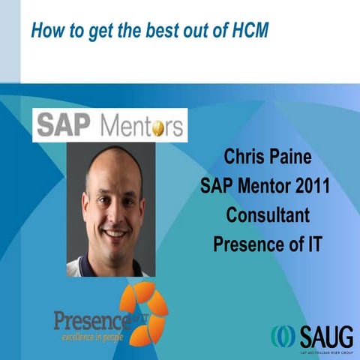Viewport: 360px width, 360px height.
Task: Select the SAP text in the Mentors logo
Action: point(63,124)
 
